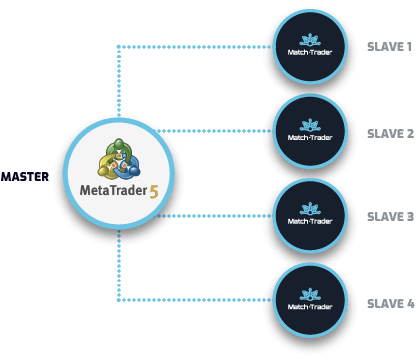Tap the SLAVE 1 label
pyautogui.click(x=389, y=47)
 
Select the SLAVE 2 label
pyautogui.click(x=389, y=133)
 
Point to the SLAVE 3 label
pyautogui.click(x=389, y=216)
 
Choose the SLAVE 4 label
pyautogui.click(x=389, y=302)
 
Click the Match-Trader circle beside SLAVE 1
pyautogui.click(x=309, y=47)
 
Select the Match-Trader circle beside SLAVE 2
pyautogui.click(x=309, y=131)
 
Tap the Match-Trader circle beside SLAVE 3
pyautogui.click(x=309, y=215)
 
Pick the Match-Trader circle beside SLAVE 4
pyautogui.click(x=309, y=300)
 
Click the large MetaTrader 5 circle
pyautogui.click(x=119, y=172)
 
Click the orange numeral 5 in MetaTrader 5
pyautogui.click(x=154, y=190)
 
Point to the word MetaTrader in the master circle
pyautogui.click(x=111, y=190)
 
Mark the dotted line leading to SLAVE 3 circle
pyautogui.click(x=220, y=215)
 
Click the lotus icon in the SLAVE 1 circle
pyautogui.click(x=309, y=38)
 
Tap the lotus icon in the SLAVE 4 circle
pyautogui.click(x=309, y=291)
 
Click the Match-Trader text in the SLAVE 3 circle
pyautogui.click(x=309, y=222)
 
